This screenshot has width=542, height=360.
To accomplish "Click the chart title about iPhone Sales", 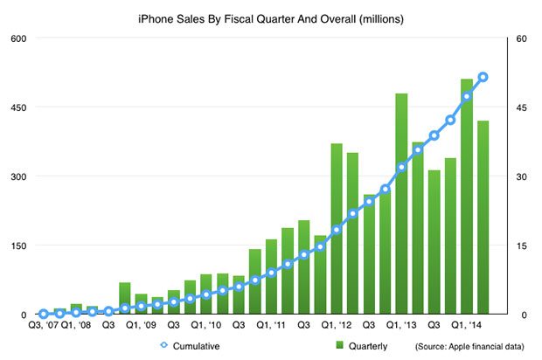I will coord(270,17).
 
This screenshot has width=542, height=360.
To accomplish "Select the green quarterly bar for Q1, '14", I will coord(467,197).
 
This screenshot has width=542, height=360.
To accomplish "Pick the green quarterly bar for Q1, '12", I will coord(337,229).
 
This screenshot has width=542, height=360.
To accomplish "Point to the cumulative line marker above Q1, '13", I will coord(401,167).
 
